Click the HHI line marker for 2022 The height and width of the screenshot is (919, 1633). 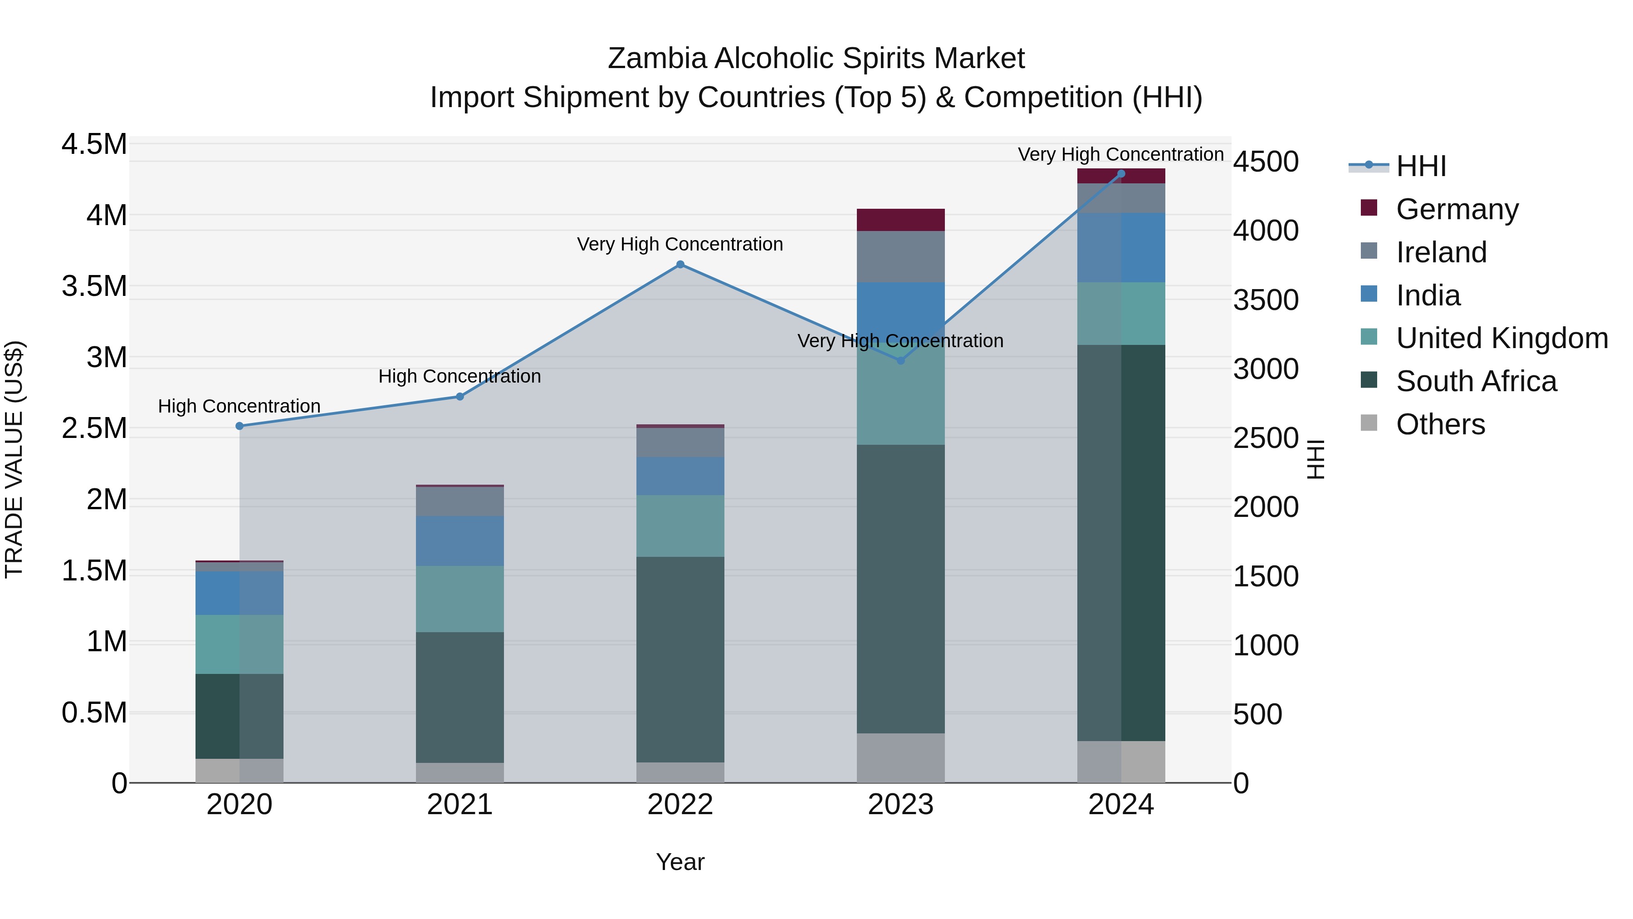(x=680, y=265)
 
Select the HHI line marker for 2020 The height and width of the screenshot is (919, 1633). (x=240, y=426)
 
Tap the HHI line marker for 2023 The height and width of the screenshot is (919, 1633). (x=901, y=360)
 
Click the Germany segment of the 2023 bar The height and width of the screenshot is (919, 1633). (x=901, y=220)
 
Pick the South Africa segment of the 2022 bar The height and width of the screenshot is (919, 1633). (x=680, y=659)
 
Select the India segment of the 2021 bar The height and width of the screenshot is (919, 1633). (x=460, y=541)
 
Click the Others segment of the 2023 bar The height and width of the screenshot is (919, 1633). (x=901, y=758)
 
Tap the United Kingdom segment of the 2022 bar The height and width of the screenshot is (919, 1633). (x=680, y=526)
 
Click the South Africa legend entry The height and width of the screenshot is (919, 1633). (x=1476, y=382)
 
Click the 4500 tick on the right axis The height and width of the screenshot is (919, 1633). (x=1265, y=162)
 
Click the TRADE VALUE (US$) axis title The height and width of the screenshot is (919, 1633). (x=14, y=459)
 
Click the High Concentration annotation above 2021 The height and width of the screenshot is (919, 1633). (x=460, y=377)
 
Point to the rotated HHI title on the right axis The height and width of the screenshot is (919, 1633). (x=1316, y=459)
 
